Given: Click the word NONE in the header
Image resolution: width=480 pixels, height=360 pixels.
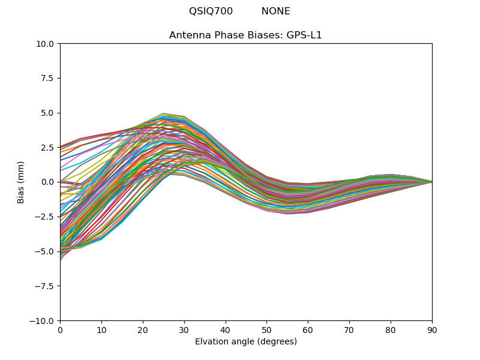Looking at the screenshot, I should coord(275,11).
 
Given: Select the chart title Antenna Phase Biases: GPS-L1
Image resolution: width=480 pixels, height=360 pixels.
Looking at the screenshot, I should coord(245,35).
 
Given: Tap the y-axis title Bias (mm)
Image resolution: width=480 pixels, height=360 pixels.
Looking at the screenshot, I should coord(21,182).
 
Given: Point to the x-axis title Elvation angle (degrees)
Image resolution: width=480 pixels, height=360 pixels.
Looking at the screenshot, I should coord(245,342).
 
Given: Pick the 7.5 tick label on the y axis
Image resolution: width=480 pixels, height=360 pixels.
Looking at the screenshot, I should coord(48,79).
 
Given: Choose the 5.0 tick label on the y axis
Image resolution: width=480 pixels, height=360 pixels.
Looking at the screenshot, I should coord(48,113).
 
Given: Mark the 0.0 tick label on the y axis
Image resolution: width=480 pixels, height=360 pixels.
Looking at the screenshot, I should coord(48,182).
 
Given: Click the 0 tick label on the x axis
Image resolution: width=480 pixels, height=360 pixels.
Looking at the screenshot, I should coord(60,330).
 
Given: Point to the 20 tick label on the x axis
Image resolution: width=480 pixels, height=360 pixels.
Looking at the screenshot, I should coord(143,330).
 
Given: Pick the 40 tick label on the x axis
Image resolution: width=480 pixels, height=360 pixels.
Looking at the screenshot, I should coord(226,330).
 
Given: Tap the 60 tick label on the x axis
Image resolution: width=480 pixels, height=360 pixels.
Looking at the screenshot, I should coord(308,330).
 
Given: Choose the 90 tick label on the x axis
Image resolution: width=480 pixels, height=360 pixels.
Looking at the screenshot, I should coord(432,330).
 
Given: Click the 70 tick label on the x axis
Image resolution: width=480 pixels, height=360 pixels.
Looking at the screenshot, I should coord(349,330).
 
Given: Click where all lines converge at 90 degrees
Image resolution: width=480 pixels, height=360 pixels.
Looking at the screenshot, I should coord(431,182).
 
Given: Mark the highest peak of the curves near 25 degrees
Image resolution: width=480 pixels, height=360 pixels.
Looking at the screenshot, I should coord(163,113).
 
